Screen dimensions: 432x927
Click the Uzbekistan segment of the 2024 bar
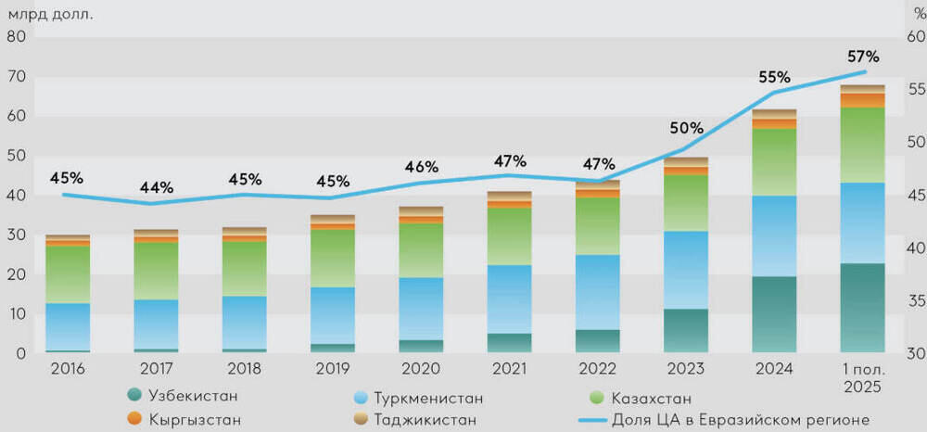774,314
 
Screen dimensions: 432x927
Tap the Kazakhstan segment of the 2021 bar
509,235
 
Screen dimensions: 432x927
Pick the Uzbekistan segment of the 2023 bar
686,330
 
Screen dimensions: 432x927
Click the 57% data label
863,57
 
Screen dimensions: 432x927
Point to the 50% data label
687,128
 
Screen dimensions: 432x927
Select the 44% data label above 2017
156,188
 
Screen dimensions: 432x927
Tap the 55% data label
774,78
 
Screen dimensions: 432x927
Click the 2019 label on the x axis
332,369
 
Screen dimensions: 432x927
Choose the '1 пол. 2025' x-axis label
862,376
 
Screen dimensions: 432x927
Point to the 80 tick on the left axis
15,37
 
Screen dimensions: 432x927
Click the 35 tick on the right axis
913,301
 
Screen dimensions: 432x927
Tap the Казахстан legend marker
598,398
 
